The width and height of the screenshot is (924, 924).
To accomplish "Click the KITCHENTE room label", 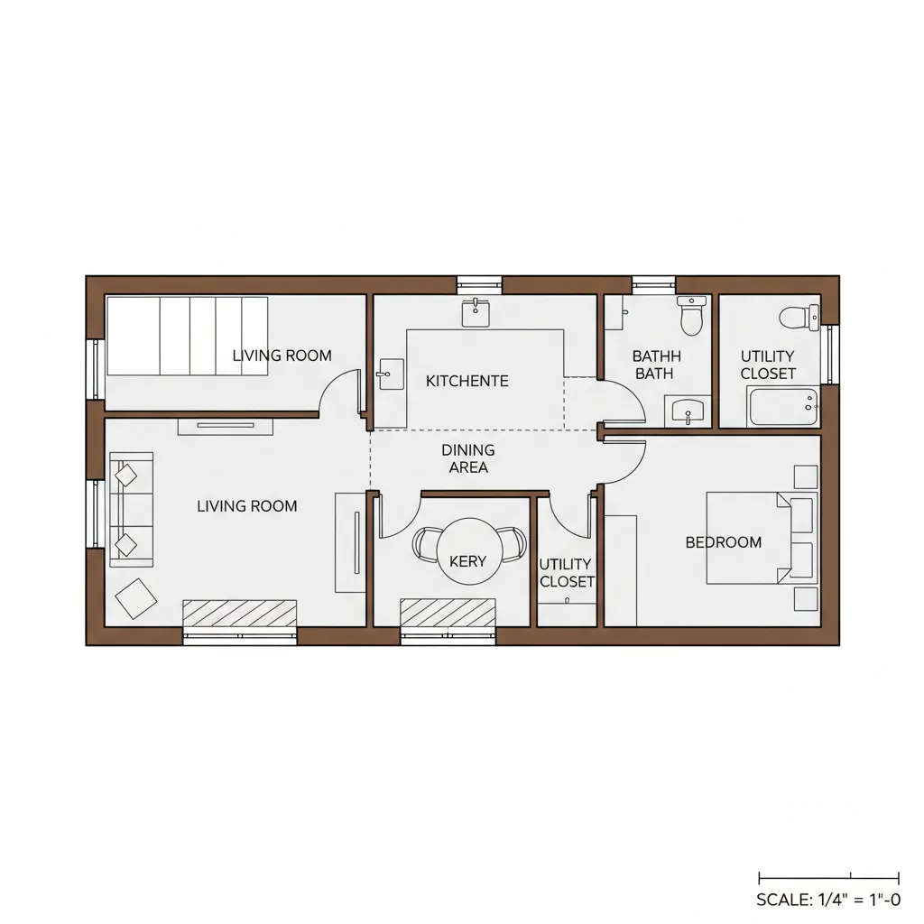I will (467, 381).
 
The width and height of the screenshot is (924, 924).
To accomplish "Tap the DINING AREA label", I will (468, 458).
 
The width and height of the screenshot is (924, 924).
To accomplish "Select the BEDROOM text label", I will (723, 542).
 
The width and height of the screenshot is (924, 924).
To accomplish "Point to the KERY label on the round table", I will (467, 561).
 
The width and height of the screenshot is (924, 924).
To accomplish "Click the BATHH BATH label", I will (656, 365).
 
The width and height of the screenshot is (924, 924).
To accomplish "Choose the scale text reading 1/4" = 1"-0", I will (828, 900).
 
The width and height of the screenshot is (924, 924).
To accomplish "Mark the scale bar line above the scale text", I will (828, 876).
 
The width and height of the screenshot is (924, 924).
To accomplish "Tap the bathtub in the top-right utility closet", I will (783, 406).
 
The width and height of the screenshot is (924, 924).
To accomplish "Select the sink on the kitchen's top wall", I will (476, 312).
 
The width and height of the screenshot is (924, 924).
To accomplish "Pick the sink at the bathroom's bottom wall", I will (690, 412).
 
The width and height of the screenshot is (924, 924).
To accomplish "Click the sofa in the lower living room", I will (131, 509).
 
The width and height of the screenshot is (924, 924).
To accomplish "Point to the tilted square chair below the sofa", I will (136, 598).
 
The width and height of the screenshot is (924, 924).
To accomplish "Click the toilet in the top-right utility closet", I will (798, 318).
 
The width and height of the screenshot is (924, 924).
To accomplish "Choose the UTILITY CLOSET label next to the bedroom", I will (567, 573).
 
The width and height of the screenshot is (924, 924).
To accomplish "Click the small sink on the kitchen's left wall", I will (391, 374).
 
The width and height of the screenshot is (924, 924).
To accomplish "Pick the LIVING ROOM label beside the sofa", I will (246, 506).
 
